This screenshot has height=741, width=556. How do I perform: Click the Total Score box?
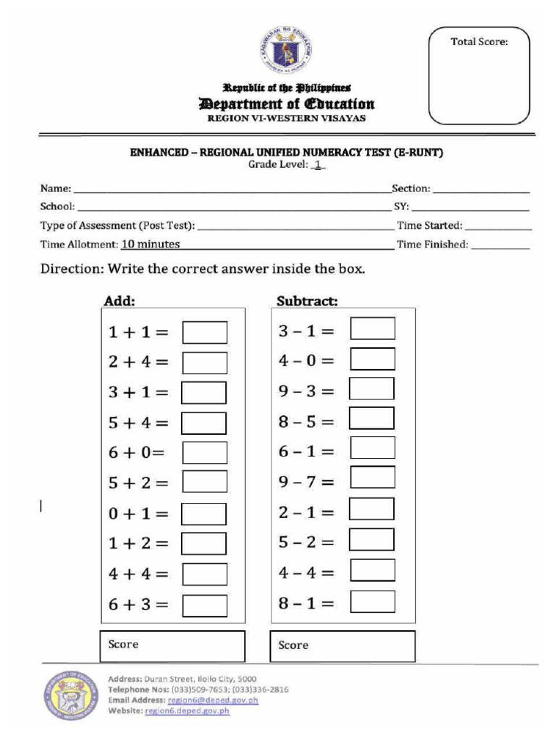pyautogui.click(x=479, y=76)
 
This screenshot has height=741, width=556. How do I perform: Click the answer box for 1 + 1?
pyautogui.click(x=204, y=332)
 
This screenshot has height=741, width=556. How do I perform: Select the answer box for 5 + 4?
pyautogui.click(x=203, y=423)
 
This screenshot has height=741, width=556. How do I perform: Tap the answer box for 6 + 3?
pyautogui.click(x=204, y=605)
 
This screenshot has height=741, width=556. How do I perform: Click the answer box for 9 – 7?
pyautogui.click(x=372, y=478)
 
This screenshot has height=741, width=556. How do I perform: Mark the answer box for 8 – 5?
pyautogui.click(x=371, y=418)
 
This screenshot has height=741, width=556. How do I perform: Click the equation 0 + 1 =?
pyautogui.click(x=138, y=514)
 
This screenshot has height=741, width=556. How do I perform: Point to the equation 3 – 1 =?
pyautogui.click(x=307, y=331)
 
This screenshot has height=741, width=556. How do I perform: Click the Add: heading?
pyautogui.click(x=119, y=300)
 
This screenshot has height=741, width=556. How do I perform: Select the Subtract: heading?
pyautogui.click(x=307, y=300)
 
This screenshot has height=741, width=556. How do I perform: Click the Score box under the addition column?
pyautogui.click(x=172, y=645)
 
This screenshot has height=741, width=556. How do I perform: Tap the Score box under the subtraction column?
pyautogui.click(x=342, y=645)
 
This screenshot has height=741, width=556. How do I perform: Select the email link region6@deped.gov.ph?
pyautogui.click(x=213, y=700)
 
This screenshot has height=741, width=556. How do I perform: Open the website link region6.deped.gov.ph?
pyautogui.click(x=187, y=711)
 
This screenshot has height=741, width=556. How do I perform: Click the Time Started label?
pyautogui.click(x=429, y=226)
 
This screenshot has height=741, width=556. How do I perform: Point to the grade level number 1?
pyautogui.click(x=317, y=166)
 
